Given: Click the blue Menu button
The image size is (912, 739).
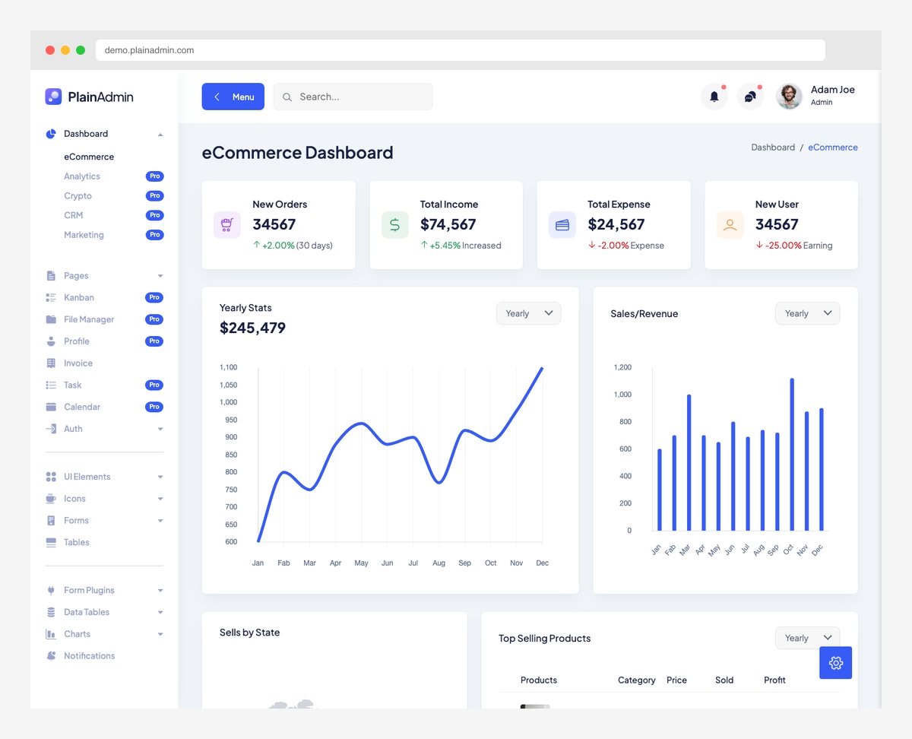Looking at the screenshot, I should point(233,97).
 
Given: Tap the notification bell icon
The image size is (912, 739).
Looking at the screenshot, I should point(714,97).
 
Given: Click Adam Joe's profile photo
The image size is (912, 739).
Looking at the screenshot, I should point(789,97).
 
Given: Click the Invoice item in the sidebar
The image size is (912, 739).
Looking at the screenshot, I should point(78,363).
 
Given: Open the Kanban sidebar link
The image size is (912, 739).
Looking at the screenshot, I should point(78,297).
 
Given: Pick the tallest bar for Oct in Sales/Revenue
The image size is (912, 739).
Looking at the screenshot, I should point(792,454).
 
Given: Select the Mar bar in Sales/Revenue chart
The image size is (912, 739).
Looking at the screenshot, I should point(689,462).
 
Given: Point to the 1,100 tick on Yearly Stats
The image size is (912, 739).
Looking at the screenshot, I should point(228,367).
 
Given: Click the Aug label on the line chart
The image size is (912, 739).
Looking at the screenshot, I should point(439,563).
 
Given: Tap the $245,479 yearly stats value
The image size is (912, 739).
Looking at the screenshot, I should point(252,328).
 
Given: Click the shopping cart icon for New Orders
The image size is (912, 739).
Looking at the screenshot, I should point(226,225).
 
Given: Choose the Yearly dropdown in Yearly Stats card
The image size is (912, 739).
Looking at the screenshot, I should point(528,313).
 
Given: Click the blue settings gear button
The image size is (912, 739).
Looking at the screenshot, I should point(835,663).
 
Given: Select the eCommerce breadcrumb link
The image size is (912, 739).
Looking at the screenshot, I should point(832,147).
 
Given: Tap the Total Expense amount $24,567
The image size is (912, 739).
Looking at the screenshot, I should point(616,224).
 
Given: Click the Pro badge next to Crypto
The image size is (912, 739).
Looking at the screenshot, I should point(154,196).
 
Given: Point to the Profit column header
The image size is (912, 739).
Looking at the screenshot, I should point(774,680).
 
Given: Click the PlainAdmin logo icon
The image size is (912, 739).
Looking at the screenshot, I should point(53,97).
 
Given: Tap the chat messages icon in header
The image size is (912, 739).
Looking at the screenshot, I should point(750,97).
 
